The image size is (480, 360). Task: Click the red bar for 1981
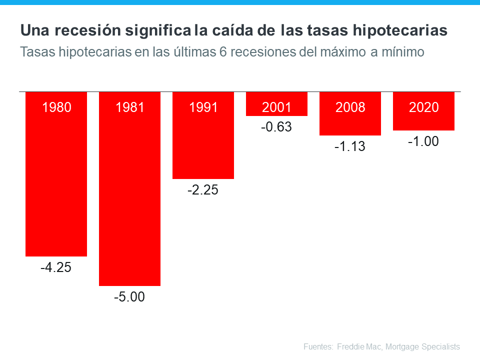[x=130, y=200]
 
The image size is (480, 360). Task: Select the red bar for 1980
[x=56, y=185]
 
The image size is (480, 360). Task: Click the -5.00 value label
[x=129, y=297]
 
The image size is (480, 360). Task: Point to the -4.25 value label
[x=56, y=267]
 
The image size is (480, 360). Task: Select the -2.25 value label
[x=203, y=190]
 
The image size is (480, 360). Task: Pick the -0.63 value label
[x=276, y=127]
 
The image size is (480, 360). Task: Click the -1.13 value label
[x=350, y=147]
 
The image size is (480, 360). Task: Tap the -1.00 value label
[x=423, y=142]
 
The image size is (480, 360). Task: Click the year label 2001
[x=276, y=107]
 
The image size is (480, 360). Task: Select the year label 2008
[x=350, y=107]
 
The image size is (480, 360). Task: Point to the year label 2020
[x=423, y=107]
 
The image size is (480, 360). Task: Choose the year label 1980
[x=56, y=107]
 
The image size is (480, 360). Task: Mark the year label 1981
[x=130, y=107]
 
